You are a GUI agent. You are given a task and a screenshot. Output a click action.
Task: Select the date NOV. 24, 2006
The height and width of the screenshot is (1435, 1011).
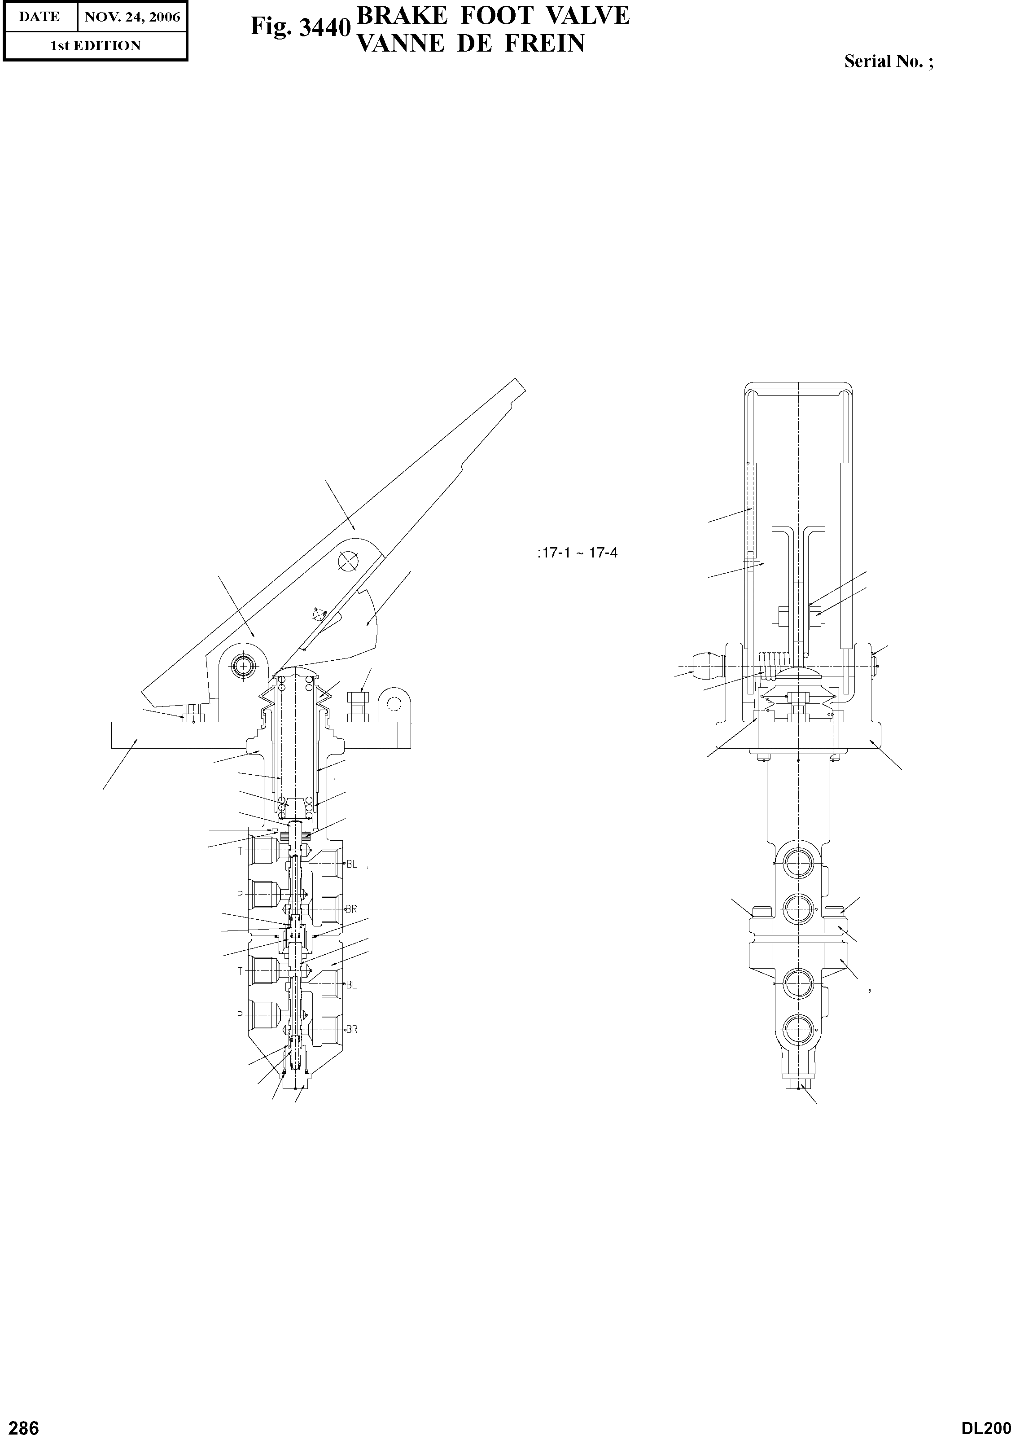click(x=132, y=17)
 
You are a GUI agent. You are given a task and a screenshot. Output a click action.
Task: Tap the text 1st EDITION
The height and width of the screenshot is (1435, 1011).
click(x=96, y=46)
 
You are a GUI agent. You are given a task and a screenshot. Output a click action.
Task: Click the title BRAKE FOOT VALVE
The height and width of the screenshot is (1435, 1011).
click(x=492, y=15)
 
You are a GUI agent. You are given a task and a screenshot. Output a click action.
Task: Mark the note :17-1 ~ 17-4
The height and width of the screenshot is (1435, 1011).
click(x=577, y=553)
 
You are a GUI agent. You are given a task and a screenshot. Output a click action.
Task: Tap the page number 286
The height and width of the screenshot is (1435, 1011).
click(x=20, y=1423)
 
